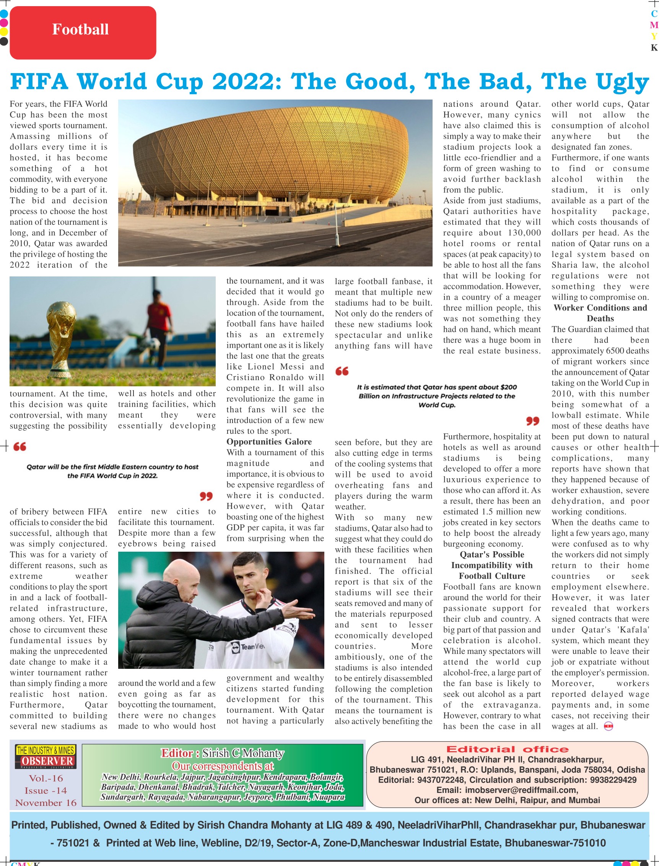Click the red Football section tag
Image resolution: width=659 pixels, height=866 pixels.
pos(83,33)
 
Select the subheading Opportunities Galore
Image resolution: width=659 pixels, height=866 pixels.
pos(269,442)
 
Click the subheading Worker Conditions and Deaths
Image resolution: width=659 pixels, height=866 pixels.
pos(600,313)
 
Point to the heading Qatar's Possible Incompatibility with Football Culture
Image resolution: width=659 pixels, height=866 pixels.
pos(491,565)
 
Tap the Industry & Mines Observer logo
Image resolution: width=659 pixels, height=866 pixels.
pos(46,757)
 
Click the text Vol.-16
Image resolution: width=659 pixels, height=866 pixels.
pos(46,778)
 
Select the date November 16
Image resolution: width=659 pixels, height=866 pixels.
pos(46,803)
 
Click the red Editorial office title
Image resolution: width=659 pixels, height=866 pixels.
pos(507,749)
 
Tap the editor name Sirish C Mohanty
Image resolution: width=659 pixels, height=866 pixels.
pos(243,753)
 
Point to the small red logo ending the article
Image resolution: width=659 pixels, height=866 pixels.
pos(608,726)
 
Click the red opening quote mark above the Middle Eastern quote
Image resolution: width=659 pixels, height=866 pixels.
pos(20,447)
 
